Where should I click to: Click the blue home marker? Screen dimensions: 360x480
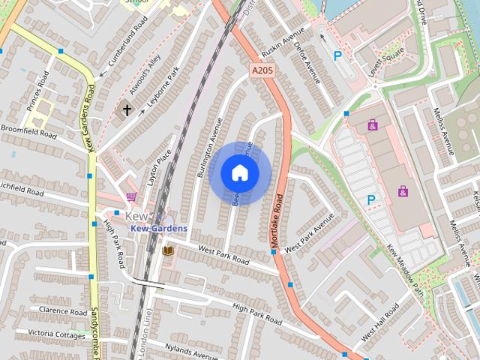click(239, 173)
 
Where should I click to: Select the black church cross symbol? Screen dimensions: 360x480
click(127, 111)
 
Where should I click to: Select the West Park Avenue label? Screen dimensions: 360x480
click(310, 233)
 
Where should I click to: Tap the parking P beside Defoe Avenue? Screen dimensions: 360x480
click(337, 55)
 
